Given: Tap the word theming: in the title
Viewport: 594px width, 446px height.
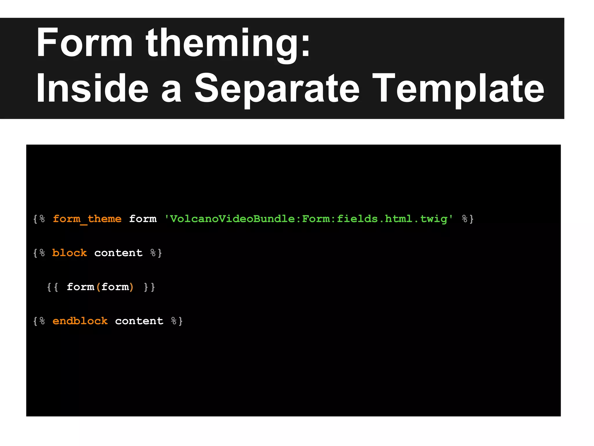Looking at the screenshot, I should click(228, 44).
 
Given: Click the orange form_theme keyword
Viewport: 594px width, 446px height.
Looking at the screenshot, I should click(87, 219).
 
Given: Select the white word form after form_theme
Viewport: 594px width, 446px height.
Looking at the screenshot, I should click(143, 219).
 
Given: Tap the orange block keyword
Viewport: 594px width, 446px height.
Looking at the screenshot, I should click(69, 253).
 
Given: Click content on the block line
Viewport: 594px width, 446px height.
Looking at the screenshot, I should click(118, 253).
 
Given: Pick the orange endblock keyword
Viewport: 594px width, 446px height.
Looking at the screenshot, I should click(80, 321).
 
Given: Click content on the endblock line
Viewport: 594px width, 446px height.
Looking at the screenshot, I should click(139, 321).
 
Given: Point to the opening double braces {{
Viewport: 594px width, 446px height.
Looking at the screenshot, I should click(52, 287).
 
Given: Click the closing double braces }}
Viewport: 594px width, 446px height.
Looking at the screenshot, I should click(149, 287).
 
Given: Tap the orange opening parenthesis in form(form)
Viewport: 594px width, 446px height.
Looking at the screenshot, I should click(98, 287).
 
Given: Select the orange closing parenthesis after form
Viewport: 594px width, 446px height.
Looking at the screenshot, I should click(131, 287).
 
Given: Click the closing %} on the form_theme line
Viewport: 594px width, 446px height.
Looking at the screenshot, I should click(468, 219).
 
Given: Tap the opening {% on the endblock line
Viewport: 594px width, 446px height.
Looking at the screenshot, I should click(39, 321).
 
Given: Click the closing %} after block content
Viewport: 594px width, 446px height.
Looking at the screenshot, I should click(156, 253).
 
